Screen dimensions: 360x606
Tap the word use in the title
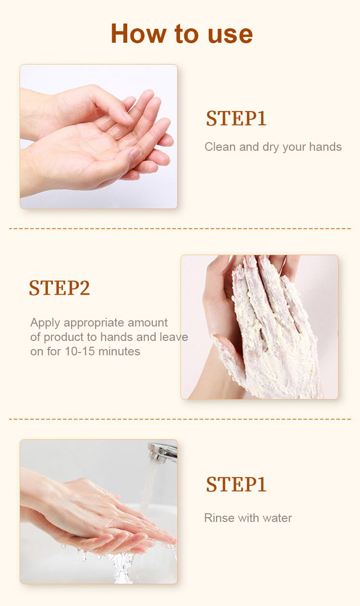point(230,35)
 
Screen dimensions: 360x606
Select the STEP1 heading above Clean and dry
point(236,118)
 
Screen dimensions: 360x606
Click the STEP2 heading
point(59,288)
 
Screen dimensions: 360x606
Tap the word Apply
point(45,323)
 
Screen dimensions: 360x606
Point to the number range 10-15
point(80,351)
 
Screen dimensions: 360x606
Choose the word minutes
point(119,351)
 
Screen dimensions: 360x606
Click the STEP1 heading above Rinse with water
point(236,484)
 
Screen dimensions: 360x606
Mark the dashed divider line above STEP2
point(180,229)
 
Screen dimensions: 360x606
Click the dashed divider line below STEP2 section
point(180,419)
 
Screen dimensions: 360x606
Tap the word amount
point(147,323)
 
